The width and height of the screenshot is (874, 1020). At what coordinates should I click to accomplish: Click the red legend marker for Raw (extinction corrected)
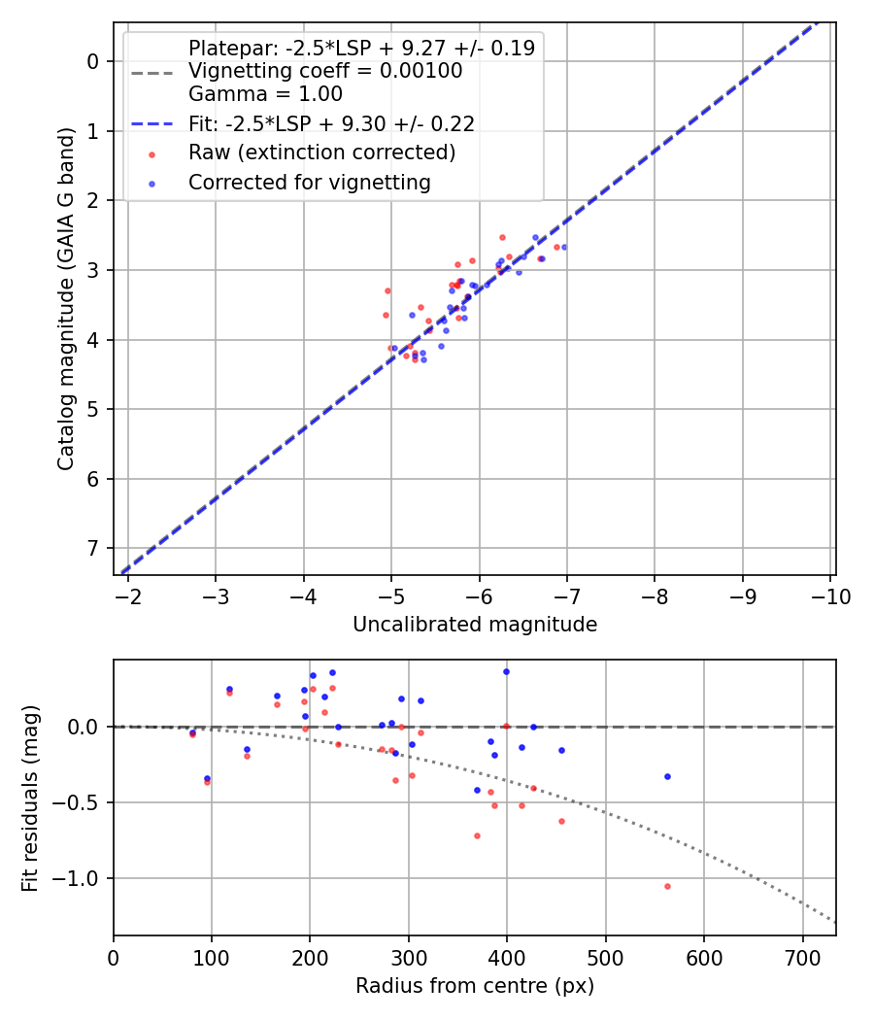151,153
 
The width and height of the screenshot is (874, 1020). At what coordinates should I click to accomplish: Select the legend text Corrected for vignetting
310,182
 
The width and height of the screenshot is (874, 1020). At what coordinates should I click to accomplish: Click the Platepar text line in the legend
361,49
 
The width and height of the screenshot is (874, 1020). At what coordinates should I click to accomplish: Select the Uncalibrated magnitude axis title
475,624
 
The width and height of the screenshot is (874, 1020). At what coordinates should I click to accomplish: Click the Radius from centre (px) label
475,987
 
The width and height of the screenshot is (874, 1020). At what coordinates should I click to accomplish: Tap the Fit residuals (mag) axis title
30,798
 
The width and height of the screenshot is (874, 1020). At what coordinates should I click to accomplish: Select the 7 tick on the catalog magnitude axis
93,549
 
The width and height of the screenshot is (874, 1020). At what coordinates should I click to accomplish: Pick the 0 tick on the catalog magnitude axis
93,61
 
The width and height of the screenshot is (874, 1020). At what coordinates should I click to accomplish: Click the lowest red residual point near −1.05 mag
667,886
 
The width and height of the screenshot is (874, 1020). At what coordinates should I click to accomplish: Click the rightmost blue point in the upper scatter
564,247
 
